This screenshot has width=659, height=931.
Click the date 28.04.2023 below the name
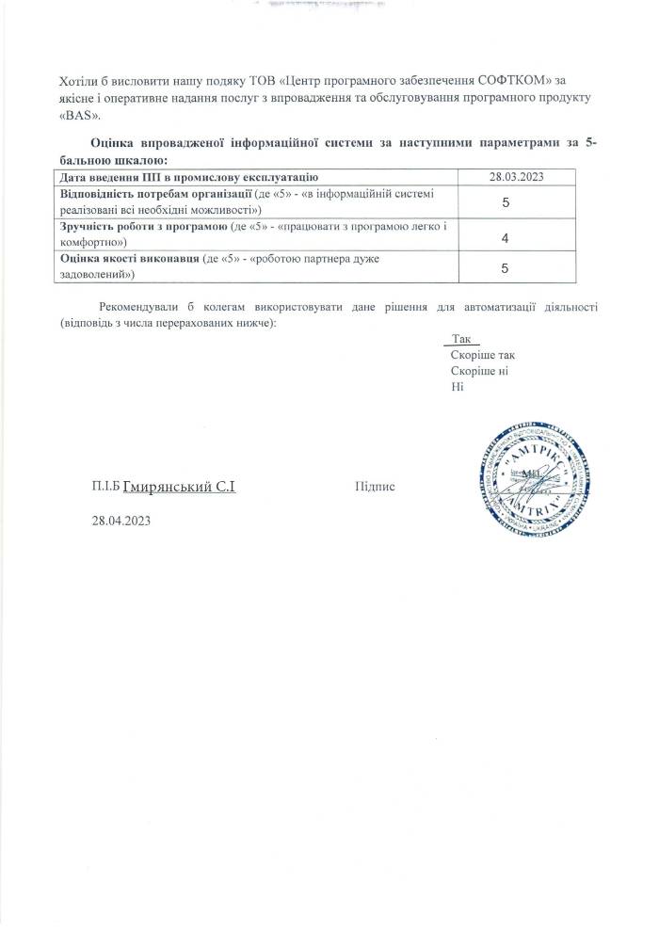pyautogui.click(x=121, y=521)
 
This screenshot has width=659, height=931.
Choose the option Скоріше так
pyautogui.click(x=483, y=356)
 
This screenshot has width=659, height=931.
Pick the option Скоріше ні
pyautogui.click(x=480, y=372)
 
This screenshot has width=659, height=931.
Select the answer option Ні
pyautogui.click(x=458, y=388)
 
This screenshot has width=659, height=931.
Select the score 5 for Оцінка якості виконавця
pyautogui.click(x=506, y=269)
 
